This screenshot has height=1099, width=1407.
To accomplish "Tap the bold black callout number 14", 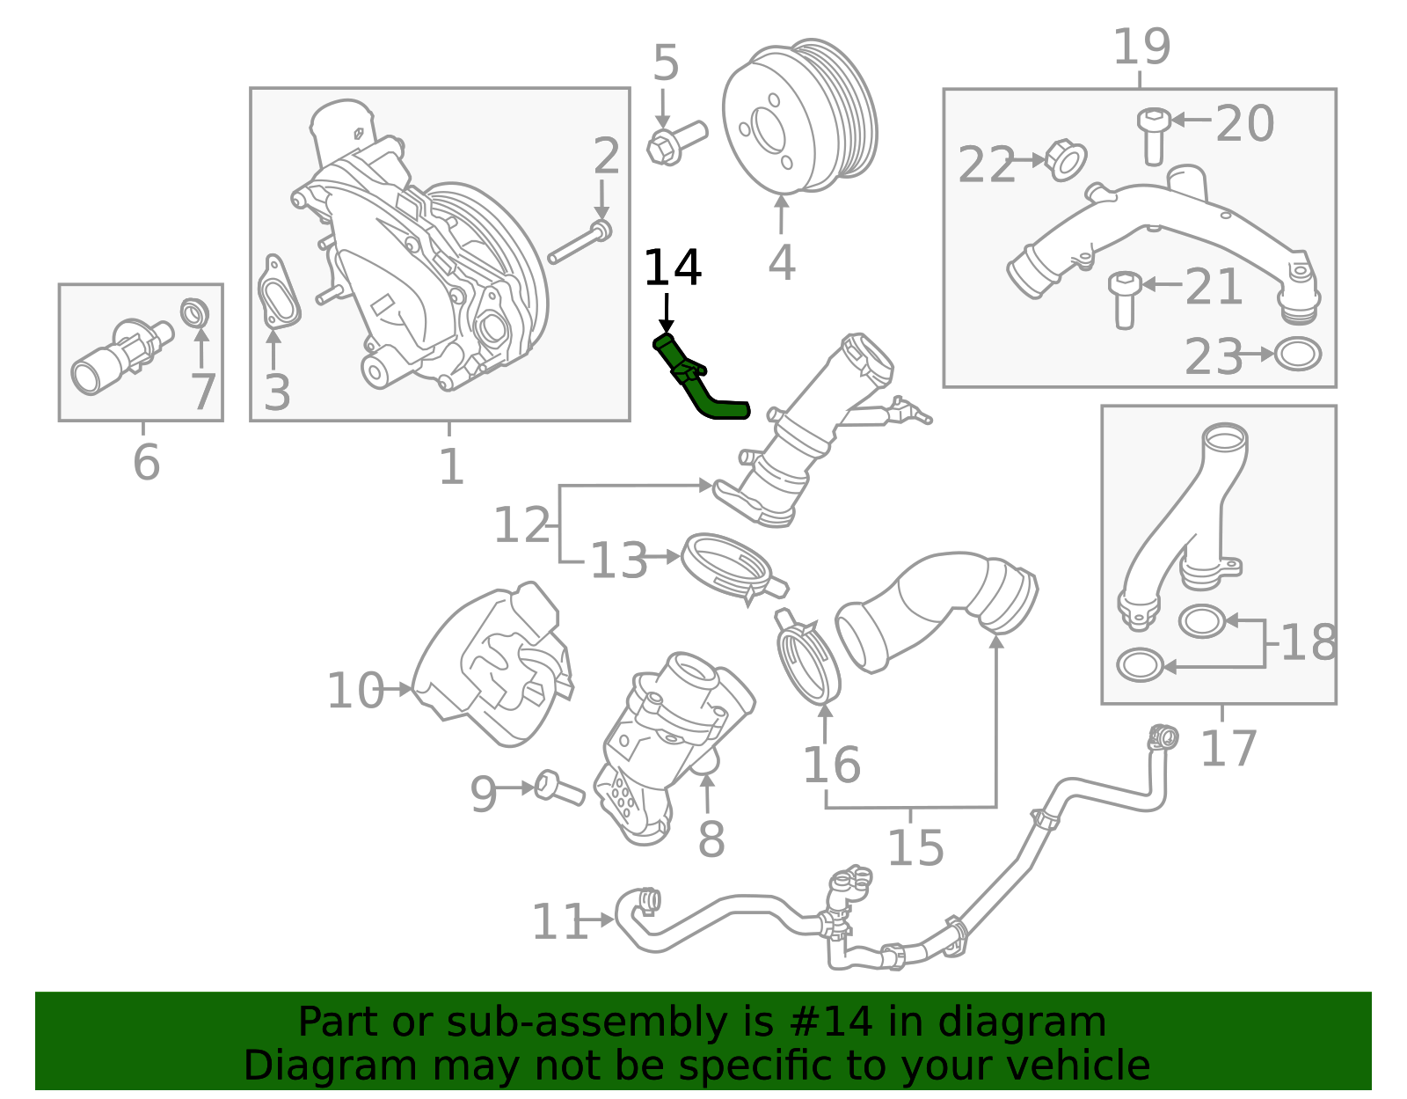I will [x=673, y=268].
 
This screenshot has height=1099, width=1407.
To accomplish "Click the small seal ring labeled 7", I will [x=195, y=311].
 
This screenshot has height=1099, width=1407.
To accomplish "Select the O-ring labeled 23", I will [x=1298, y=355].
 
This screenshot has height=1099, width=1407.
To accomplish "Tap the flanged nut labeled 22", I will [x=1067, y=159].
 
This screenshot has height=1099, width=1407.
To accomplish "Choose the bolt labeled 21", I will [x=1124, y=299].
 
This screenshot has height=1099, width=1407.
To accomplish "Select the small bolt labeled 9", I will [x=558, y=787].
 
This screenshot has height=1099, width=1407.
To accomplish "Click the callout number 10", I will [x=355, y=691].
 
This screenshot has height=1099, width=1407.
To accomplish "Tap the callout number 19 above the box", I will [x=1141, y=47].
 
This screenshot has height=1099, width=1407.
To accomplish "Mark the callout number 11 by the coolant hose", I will [x=560, y=922].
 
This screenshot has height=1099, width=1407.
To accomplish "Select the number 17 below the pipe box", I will [x=1228, y=749].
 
